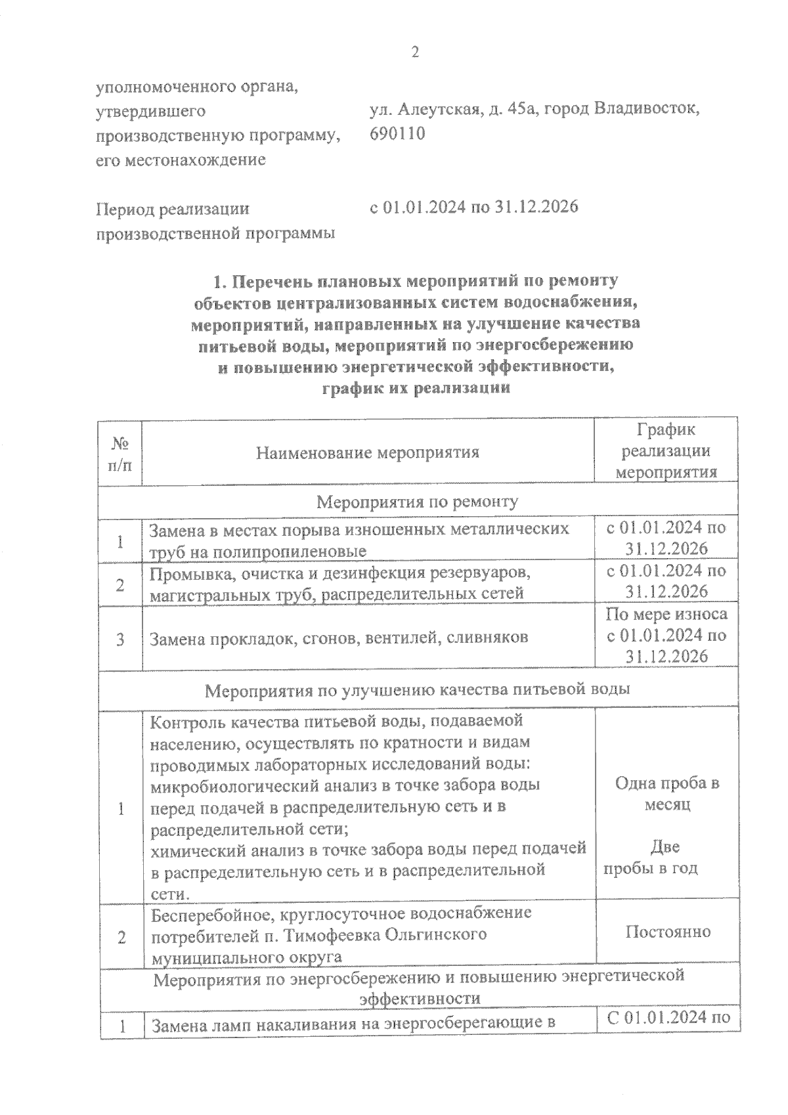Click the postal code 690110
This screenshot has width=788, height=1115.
pyautogui.click(x=397, y=133)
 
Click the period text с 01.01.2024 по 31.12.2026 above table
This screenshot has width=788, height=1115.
pyautogui.click(x=473, y=208)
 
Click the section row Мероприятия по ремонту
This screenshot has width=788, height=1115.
pyautogui.click(x=418, y=502)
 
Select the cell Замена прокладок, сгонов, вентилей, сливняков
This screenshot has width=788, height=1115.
pyautogui.click(x=339, y=638)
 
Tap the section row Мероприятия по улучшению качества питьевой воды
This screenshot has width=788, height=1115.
pyautogui.click(x=418, y=689)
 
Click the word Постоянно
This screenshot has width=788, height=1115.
pyautogui.click(x=667, y=931)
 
